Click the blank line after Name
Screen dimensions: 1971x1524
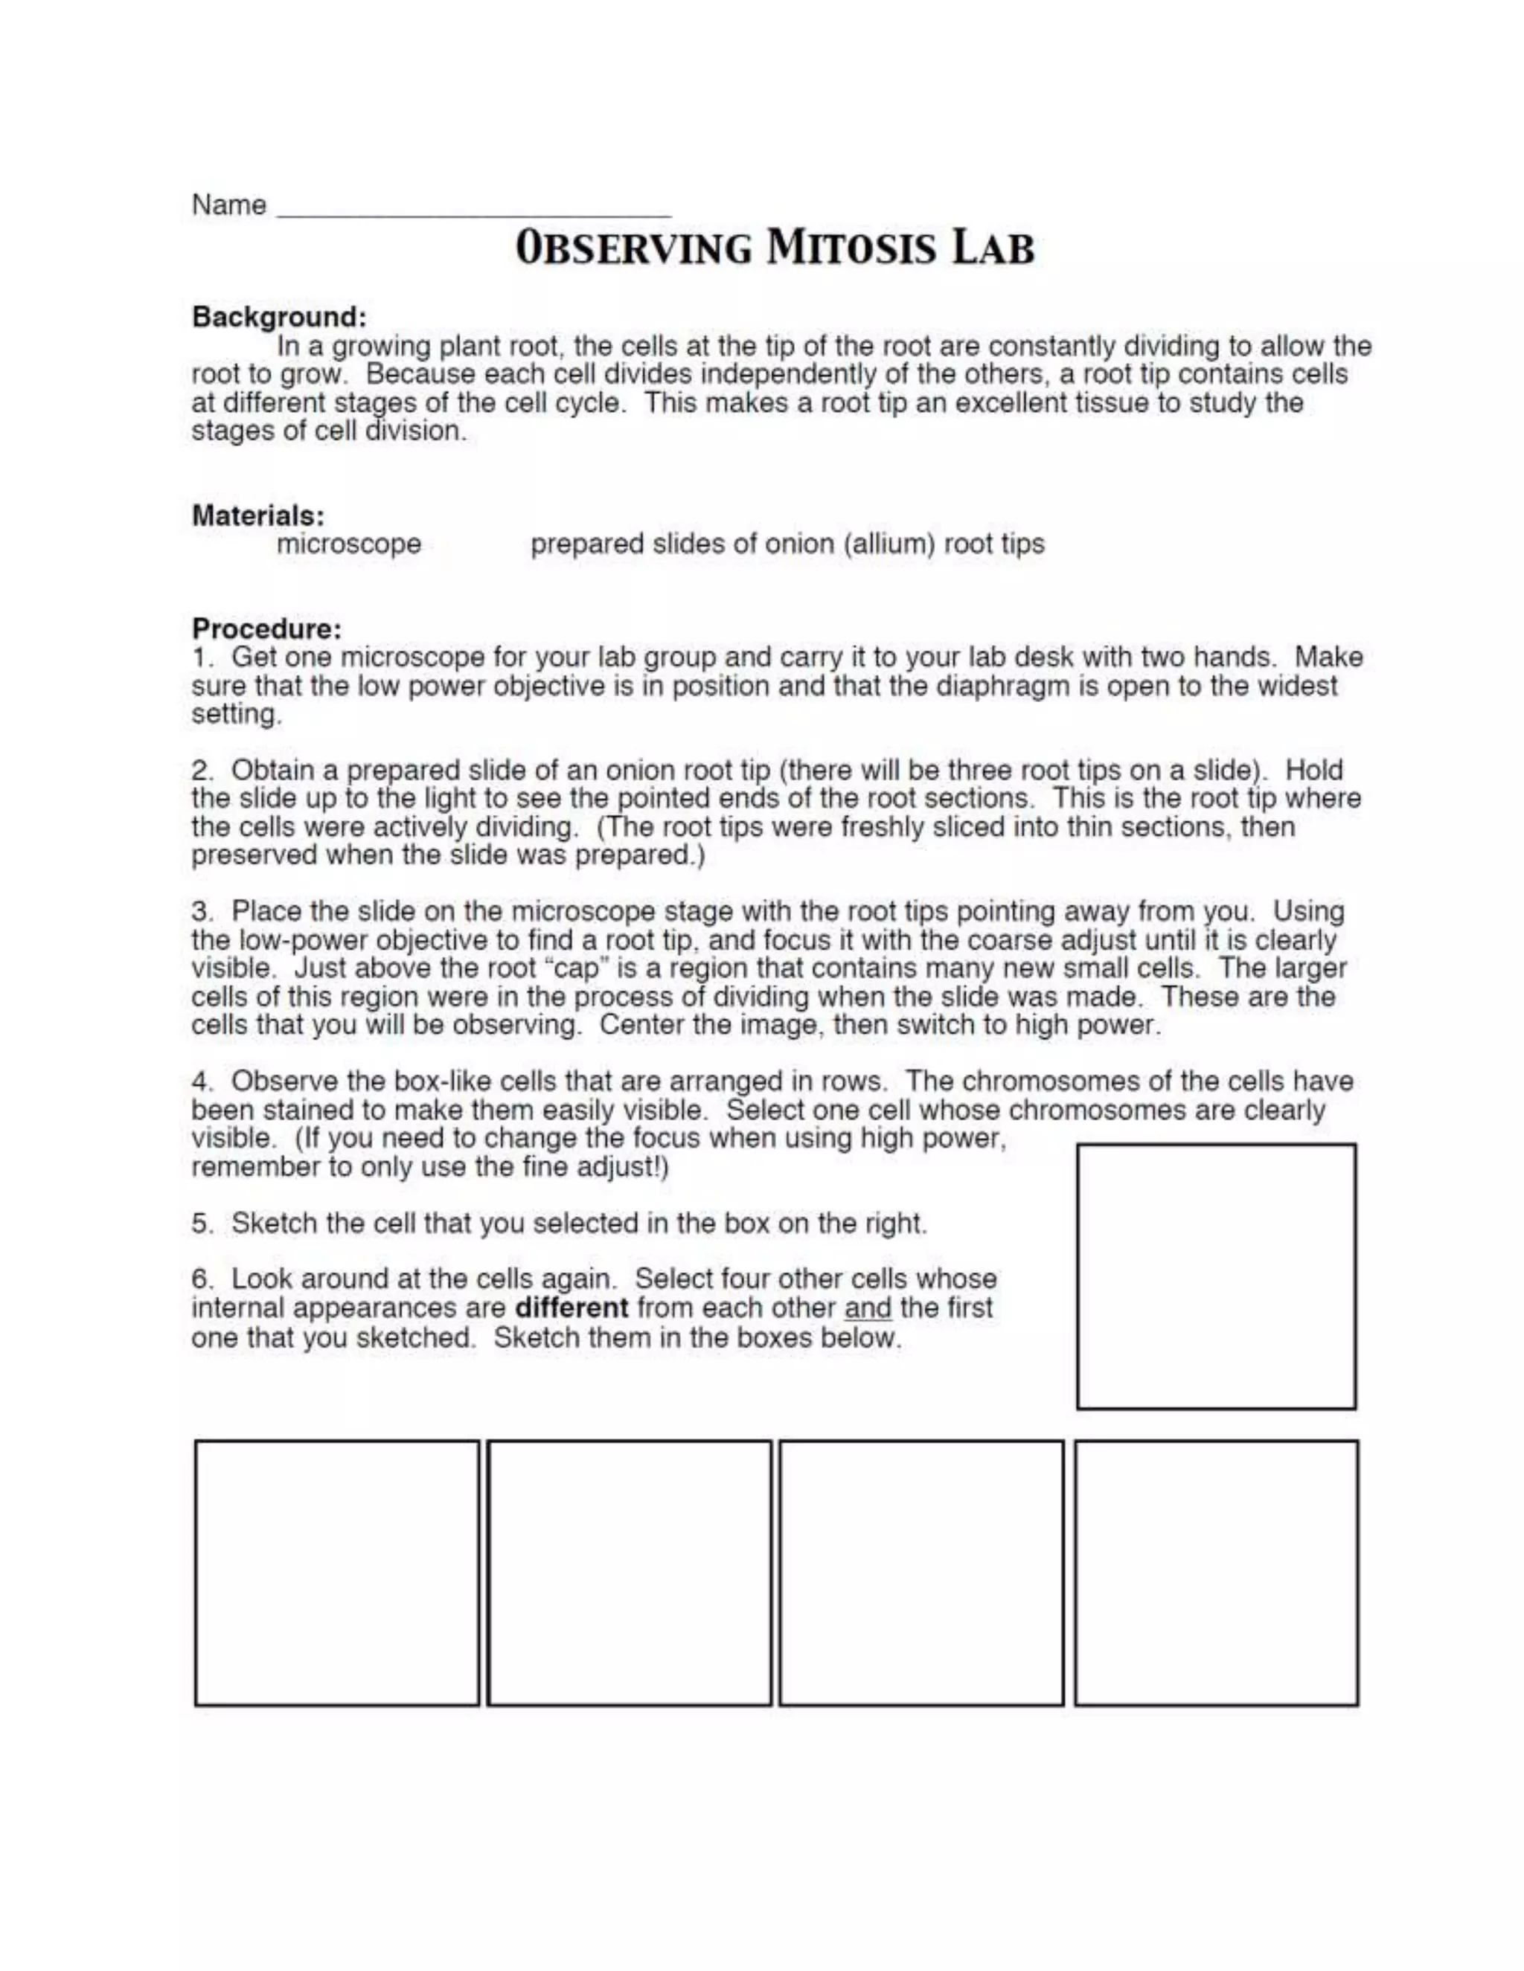pos(473,210)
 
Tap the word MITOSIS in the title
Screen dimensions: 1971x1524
pos(852,248)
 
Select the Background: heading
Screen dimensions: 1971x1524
pos(279,317)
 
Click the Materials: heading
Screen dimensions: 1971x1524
pos(258,515)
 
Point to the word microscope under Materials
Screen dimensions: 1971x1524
pos(348,544)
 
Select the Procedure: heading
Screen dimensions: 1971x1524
pos(266,628)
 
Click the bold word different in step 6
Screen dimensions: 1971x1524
pos(571,1308)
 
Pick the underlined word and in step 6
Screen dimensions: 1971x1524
pos(867,1308)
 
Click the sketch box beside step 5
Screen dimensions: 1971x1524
pos(1215,1276)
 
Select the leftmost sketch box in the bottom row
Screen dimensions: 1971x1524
pos(337,1573)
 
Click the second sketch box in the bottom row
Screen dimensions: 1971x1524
pos(630,1573)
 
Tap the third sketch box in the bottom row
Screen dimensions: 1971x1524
pos(921,1573)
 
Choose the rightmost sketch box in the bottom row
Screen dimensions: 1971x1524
pos(1215,1573)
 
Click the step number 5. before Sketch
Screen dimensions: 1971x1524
pos(202,1224)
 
